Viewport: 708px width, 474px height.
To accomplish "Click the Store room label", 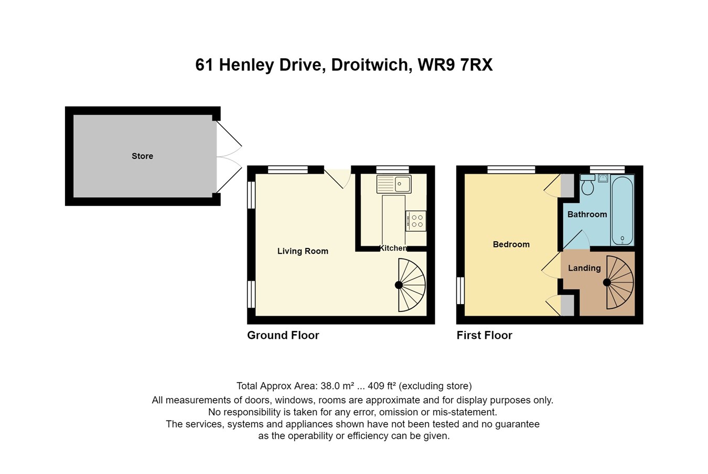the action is tap(142, 156).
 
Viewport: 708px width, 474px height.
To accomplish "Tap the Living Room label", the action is tap(303, 251).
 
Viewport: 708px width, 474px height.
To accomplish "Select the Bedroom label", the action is tap(511, 244).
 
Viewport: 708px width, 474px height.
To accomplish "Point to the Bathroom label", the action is tap(587, 214).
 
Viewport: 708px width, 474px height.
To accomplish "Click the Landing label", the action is tap(584, 268).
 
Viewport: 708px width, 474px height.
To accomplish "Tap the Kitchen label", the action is tap(393, 248).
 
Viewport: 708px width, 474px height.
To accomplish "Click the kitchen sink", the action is tap(394, 184).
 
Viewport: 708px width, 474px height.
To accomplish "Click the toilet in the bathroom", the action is tap(587, 185).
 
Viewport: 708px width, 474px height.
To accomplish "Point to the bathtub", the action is tap(623, 210).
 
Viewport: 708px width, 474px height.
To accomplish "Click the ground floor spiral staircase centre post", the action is tap(399, 285).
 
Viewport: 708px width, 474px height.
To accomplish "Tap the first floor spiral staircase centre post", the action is tap(607, 283).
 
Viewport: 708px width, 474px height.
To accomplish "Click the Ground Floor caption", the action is tap(283, 335).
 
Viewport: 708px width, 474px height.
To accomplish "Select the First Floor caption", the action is tap(484, 335).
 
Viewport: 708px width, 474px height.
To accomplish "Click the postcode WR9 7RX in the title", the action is tap(455, 65).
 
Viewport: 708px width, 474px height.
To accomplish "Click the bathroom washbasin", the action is tap(603, 178).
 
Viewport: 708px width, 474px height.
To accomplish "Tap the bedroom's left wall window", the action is tap(460, 290).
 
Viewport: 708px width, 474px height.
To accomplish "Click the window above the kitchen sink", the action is tap(393, 170).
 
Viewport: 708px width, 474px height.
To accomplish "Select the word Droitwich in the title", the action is tap(372, 65).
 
